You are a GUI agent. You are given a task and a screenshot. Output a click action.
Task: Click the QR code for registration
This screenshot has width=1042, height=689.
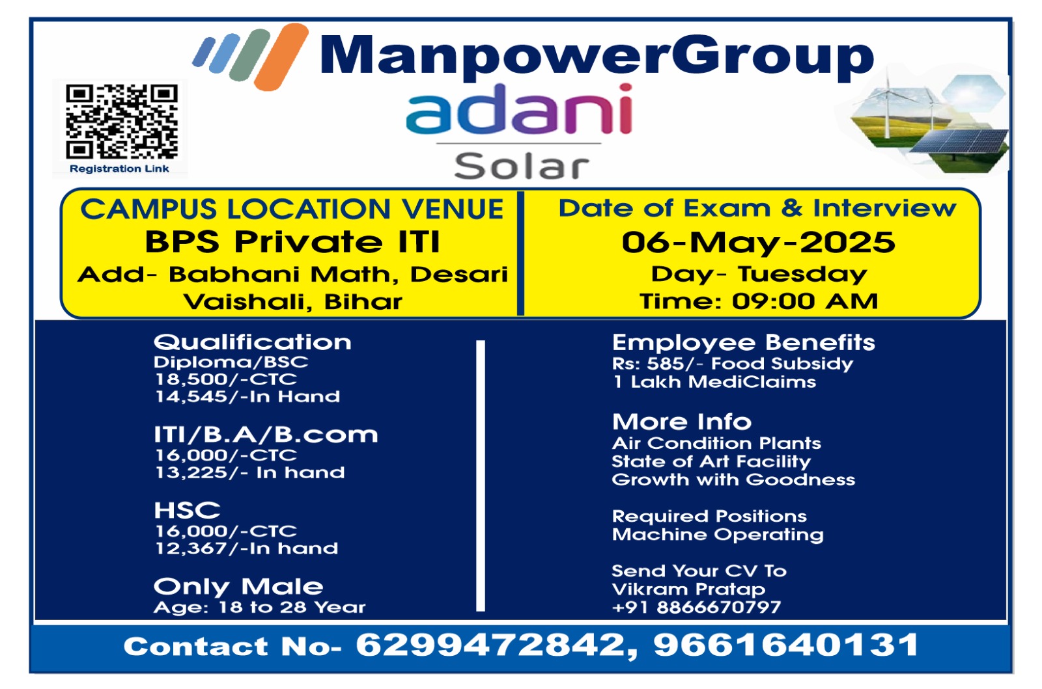click(x=121, y=121)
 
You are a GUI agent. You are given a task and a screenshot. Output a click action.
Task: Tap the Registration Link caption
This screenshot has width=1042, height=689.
click(x=119, y=169)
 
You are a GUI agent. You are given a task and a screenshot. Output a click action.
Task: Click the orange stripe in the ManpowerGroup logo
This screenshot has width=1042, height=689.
click(x=281, y=56)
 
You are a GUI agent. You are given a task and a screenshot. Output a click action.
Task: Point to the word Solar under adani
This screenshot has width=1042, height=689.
click(x=522, y=167)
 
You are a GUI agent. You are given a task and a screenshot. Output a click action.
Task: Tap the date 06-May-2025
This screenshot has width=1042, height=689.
click(x=758, y=243)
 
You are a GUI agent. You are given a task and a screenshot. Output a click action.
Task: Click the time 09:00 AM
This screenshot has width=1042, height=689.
click(x=805, y=301)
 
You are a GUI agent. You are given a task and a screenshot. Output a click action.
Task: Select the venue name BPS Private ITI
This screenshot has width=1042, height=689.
click(x=292, y=242)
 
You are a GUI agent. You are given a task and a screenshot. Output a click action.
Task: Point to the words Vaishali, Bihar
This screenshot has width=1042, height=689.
click(x=292, y=301)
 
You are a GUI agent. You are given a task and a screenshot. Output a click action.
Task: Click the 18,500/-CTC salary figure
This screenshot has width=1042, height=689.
click(x=225, y=379)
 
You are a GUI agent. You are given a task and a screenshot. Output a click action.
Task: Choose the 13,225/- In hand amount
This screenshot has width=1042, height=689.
click(x=250, y=472)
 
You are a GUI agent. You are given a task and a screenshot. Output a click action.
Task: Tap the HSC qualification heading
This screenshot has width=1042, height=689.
click(x=187, y=510)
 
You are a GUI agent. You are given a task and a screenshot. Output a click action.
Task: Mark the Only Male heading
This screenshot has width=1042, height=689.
click(x=238, y=587)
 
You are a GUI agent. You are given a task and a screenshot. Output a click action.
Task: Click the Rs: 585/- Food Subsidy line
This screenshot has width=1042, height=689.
click(x=733, y=363)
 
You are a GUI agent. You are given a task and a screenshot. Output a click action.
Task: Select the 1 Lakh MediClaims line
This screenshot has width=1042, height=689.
click(x=714, y=382)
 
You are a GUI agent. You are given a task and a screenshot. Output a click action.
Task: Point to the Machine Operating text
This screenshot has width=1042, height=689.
click(x=718, y=535)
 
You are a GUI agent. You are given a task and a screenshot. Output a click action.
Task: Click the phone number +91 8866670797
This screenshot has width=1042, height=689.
click(x=696, y=607)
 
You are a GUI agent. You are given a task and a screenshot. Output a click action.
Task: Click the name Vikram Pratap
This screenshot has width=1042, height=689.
click(x=688, y=589)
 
